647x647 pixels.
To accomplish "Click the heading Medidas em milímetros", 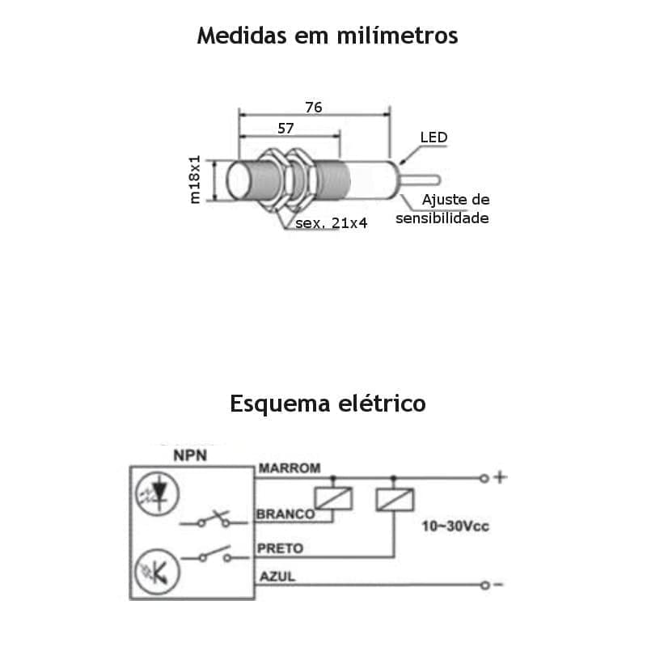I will (328, 36).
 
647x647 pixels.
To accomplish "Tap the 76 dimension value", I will (314, 107).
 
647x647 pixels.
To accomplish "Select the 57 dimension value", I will (285, 128).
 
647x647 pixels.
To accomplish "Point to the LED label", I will (433, 137).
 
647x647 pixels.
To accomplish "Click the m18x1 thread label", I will (195, 180).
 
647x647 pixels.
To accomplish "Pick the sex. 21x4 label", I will (331, 222).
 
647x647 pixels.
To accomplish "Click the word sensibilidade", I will (442, 218).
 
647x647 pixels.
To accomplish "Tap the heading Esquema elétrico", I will (328, 403).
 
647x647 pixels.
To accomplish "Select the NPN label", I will (190, 455).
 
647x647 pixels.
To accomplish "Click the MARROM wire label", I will (289, 467).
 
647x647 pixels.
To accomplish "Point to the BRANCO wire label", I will (285, 514).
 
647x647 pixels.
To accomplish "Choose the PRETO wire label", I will (280, 548).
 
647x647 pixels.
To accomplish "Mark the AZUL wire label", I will (277, 576).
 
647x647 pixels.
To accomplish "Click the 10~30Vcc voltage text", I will (456, 526).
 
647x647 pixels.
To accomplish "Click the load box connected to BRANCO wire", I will (334, 499).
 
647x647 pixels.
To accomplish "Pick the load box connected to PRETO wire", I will (395, 499).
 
